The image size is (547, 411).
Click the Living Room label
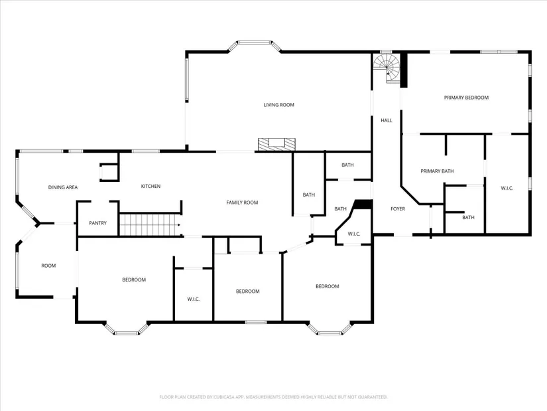tap(278, 105)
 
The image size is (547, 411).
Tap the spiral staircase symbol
tap(387, 68)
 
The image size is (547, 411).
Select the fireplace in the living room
tap(276, 145)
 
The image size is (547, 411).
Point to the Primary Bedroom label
tap(466, 98)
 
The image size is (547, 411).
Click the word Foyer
tap(398, 208)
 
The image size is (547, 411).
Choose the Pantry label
tap(97, 223)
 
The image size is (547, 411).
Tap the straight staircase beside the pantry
tap(150, 224)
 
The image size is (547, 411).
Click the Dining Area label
tap(63, 187)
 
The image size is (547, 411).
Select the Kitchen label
tap(151, 187)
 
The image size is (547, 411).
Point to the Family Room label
tap(242, 203)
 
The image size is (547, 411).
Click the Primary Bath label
tap(437, 171)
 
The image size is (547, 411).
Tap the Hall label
tap(386, 120)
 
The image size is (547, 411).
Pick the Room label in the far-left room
tap(48, 266)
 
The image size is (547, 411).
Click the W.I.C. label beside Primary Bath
tap(507, 189)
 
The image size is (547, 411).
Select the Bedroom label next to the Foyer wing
tap(328, 286)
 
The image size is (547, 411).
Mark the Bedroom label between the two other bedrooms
tap(248, 291)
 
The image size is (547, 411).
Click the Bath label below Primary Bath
tap(468, 217)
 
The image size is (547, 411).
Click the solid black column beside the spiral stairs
tap(403, 70)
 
